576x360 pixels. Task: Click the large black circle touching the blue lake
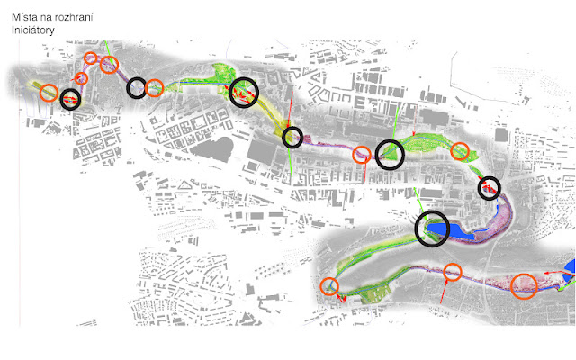[x=432, y=228]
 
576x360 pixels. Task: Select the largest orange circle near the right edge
[x=525, y=287]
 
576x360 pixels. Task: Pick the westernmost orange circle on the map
[x=49, y=92]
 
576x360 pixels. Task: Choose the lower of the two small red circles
[x=81, y=78]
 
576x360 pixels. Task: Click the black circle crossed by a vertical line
[x=292, y=138]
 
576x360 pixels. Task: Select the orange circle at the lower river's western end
[x=329, y=287]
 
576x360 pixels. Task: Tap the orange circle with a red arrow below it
[x=452, y=271]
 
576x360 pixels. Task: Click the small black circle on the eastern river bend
[x=489, y=187]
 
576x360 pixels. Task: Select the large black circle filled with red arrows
[x=243, y=92]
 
